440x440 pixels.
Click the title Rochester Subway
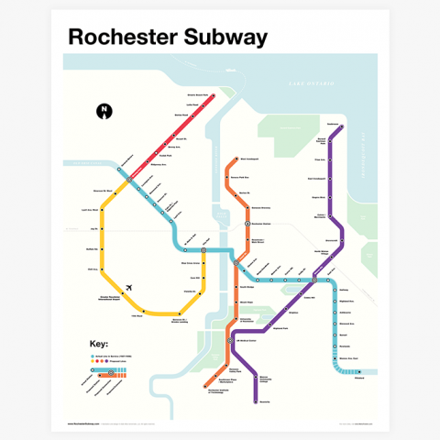tap(168, 37)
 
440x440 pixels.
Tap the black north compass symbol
tap(104, 112)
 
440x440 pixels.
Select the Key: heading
tap(98, 345)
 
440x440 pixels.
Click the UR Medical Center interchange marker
tap(236, 340)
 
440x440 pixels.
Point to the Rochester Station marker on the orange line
tap(246, 224)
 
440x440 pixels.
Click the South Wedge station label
tap(247, 287)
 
